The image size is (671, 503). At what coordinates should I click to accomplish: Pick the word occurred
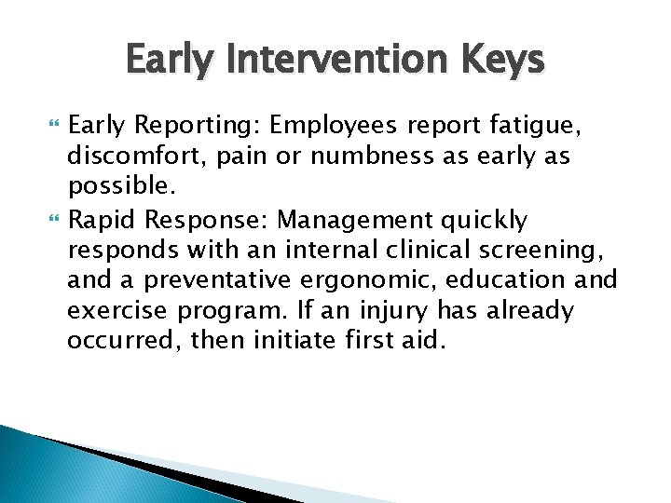coord(121,340)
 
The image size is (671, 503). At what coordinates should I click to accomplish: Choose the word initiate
coord(282,340)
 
